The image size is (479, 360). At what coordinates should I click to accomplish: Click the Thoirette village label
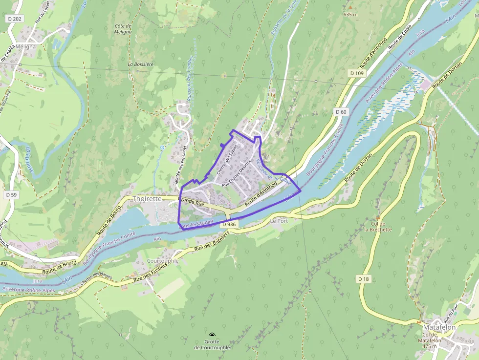pos(147,199)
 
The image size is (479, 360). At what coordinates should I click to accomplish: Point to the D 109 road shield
pos(357,73)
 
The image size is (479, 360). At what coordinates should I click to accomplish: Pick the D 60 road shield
pos(341,112)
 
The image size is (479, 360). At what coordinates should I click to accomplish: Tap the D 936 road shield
pos(228,224)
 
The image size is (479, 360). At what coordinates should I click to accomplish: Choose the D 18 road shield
pos(363,279)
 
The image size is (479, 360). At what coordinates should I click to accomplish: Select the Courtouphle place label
pos(163,261)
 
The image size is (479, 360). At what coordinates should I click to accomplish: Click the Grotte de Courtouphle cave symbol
pos(212,335)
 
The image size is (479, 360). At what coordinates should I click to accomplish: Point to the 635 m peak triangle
pos(350,8)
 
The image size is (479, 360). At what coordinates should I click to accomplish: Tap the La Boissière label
pos(141,64)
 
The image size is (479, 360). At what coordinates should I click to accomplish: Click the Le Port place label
pos(279,221)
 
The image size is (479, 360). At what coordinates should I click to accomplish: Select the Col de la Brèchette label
pos(378,227)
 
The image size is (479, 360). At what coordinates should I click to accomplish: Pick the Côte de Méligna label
pos(123,28)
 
